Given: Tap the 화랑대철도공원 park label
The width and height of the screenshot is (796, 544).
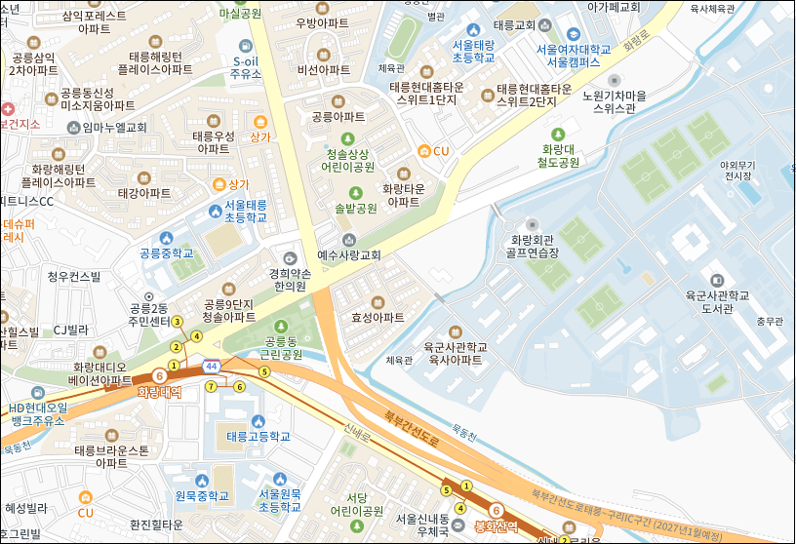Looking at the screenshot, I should coord(561,155).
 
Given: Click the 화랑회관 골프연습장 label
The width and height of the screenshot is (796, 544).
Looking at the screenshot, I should coord(534,245).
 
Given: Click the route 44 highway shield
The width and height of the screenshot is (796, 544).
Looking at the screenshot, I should coord(211,365).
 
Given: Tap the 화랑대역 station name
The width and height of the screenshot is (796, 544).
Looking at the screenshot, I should coord(159,393).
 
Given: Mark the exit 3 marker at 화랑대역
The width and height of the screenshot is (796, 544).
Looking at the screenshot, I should coord(178,322).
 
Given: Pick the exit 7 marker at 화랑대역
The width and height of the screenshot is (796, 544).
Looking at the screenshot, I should coord(211,386).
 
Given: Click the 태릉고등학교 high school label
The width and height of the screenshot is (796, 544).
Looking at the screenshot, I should coord(259,436).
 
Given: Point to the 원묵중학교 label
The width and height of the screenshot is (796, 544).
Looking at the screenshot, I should coord(201,496).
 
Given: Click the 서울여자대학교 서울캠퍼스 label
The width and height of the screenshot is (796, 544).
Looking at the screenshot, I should coord(573,55).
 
